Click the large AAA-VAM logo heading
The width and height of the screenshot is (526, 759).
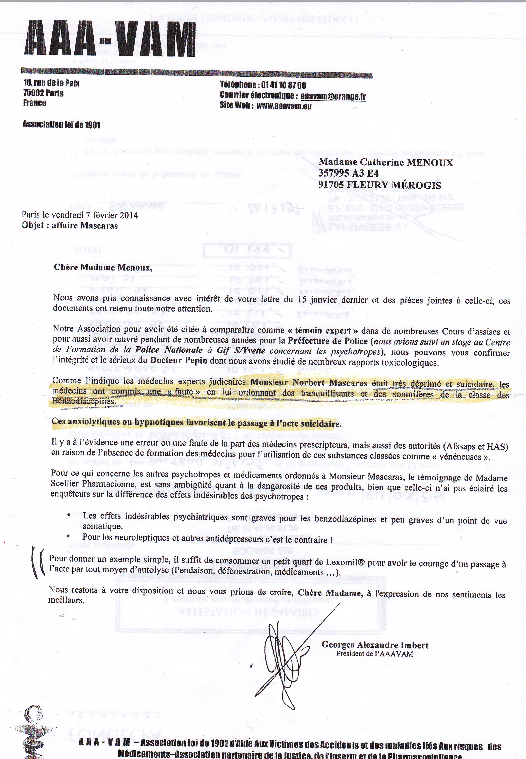[110, 39]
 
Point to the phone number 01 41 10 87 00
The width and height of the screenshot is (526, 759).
[283, 85]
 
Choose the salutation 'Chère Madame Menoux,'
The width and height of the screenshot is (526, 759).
[103, 267]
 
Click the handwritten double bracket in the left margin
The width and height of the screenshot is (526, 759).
[38, 562]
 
